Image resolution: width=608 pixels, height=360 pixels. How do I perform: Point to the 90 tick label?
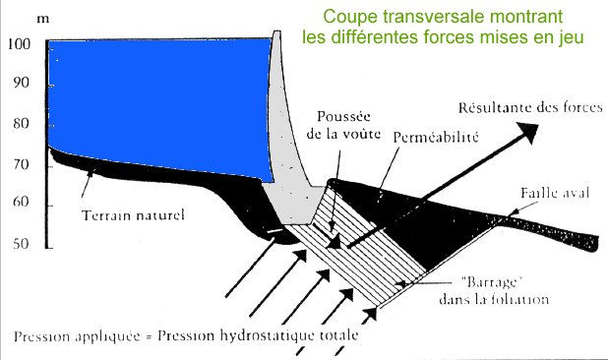click(x=21, y=85)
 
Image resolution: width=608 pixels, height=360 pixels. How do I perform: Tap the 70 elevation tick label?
click(x=21, y=165)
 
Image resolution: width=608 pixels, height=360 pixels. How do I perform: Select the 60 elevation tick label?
click(x=21, y=204)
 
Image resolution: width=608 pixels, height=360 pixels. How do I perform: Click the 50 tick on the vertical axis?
click(x=21, y=244)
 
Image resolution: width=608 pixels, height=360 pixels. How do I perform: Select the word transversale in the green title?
click(x=449, y=16)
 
